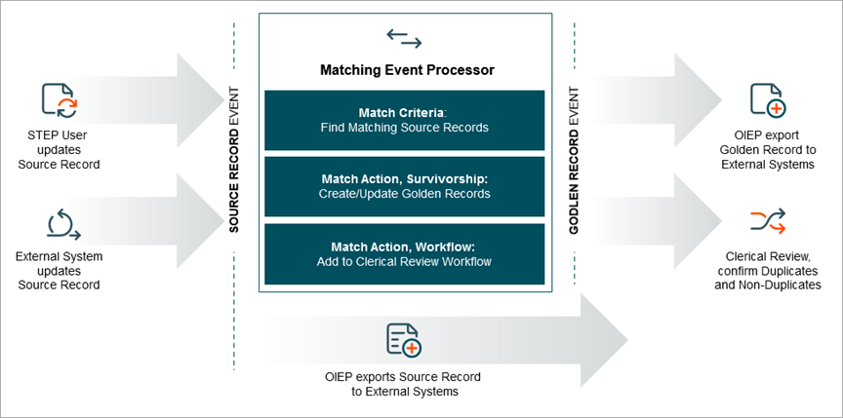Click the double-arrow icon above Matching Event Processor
404,38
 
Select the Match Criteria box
404,120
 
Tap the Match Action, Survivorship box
404,187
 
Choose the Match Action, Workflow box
404,254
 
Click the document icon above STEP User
58,101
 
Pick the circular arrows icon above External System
60,226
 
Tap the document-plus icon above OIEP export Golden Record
766,100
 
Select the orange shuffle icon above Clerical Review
766,220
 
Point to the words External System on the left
59,255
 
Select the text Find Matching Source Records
404,128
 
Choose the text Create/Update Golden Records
404,194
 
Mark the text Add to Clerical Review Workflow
404,262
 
